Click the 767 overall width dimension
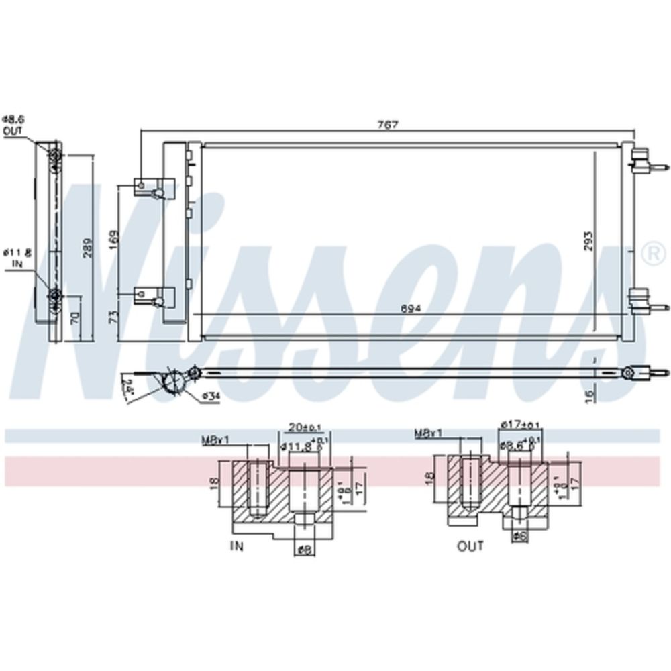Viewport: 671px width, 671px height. click(388, 125)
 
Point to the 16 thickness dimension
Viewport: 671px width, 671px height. click(588, 396)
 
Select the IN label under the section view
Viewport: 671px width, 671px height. click(237, 546)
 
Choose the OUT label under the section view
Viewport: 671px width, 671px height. click(470, 546)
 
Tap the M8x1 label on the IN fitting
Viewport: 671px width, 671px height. click(215, 440)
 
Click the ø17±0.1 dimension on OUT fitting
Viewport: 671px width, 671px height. click(520, 425)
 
